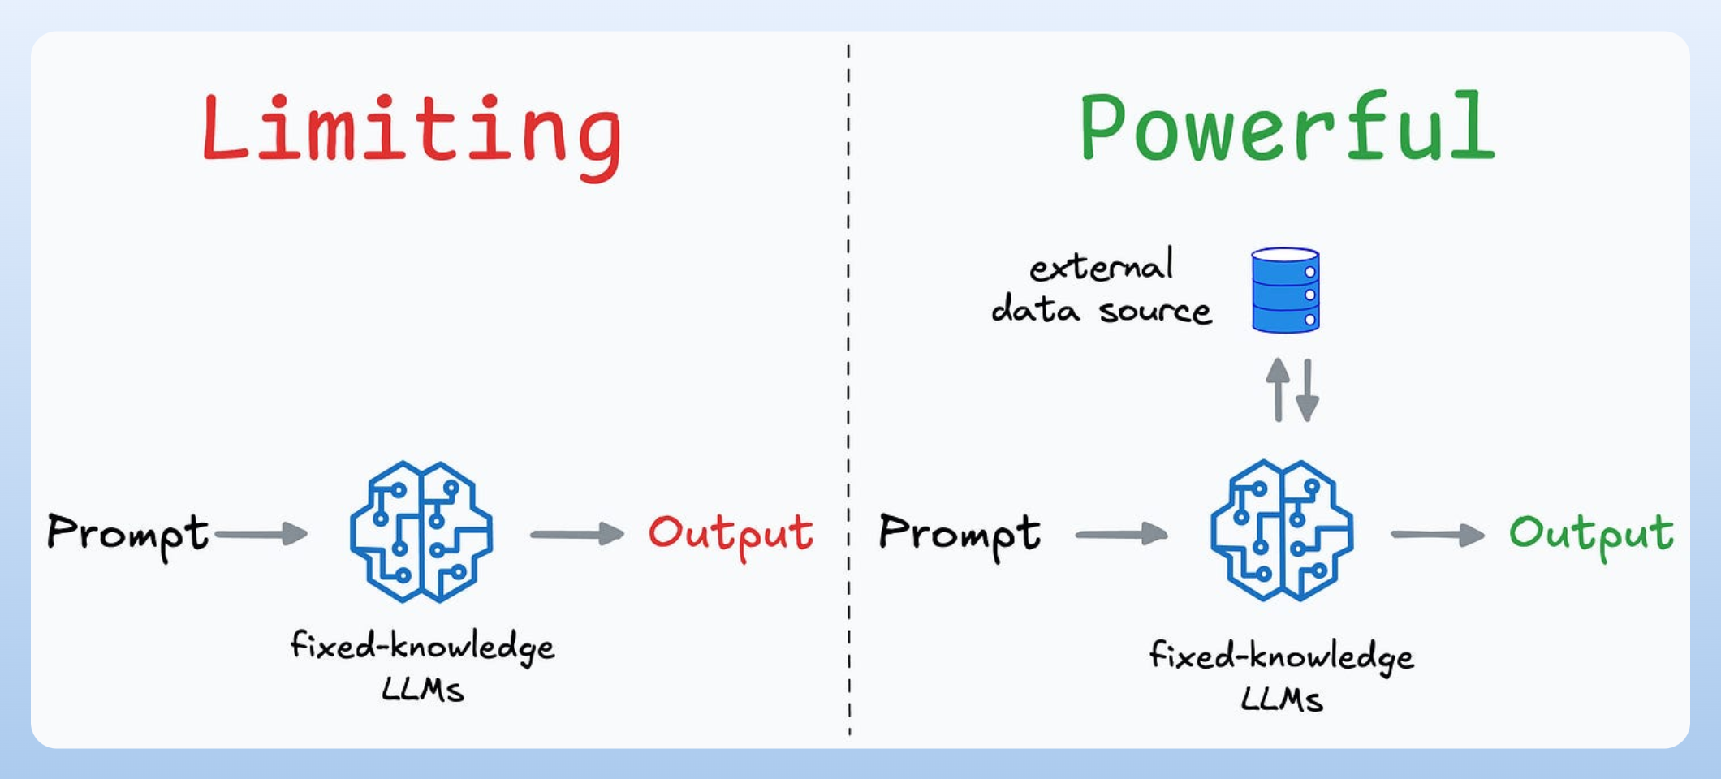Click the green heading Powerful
pyautogui.click(x=1287, y=127)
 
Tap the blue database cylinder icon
pyautogui.click(x=1285, y=290)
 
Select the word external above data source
pyautogui.click(x=1102, y=266)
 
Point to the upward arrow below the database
pyautogui.click(x=1278, y=389)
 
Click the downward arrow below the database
pyautogui.click(x=1307, y=391)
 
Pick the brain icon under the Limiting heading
pyautogui.click(x=421, y=532)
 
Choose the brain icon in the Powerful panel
pyautogui.click(x=1281, y=531)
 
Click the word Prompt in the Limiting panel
pyautogui.click(x=127, y=533)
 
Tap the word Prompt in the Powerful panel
pyautogui.click(x=959, y=533)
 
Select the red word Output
pyautogui.click(x=731, y=534)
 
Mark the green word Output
pyautogui.click(x=1591, y=534)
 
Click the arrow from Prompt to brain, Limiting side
pyautogui.click(x=261, y=534)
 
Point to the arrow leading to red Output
pyautogui.click(x=577, y=534)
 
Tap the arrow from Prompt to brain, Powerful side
pyautogui.click(x=1121, y=534)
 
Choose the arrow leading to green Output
pyautogui.click(x=1438, y=534)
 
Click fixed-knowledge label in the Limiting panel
pyautogui.click(x=422, y=647)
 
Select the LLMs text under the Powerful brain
pyautogui.click(x=1282, y=699)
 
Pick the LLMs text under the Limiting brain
pyautogui.click(x=422, y=690)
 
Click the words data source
pyautogui.click(x=1102, y=311)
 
